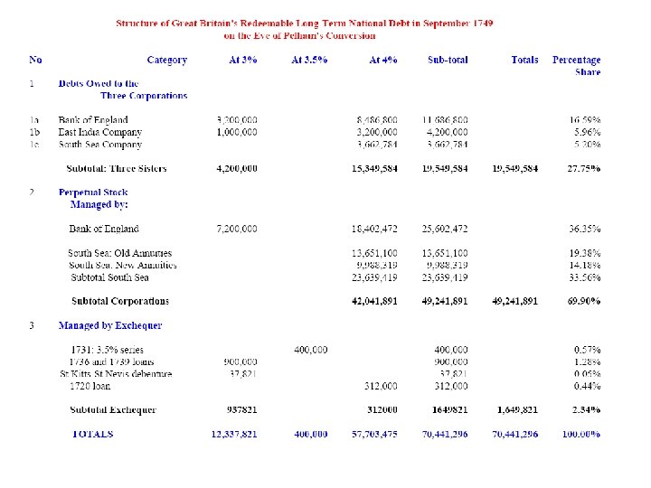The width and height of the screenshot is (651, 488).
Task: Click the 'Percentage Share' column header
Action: pyautogui.click(x=576, y=66)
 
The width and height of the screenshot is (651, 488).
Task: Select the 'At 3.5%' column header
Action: pyautogui.click(x=309, y=61)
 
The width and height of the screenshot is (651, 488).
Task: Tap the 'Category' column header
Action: pyautogui.click(x=166, y=61)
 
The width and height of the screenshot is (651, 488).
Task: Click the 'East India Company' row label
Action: pyautogui.click(x=99, y=132)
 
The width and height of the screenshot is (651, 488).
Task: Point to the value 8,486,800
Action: pyautogui.click(x=377, y=120)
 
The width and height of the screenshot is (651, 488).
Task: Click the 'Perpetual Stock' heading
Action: pyautogui.click(x=93, y=192)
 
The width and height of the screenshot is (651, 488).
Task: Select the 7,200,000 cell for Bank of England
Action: pyautogui.click(x=237, y=230)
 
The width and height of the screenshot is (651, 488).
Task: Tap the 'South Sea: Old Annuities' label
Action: pyautogui.click(x=119, y=253)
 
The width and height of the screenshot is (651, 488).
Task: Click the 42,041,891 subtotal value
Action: pyautogui.click(x=374, y=301)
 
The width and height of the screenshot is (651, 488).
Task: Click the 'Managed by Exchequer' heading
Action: pyautogui.click(x=110, y=325)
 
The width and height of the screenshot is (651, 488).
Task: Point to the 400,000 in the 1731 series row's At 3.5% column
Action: pyautogui.click(x=311, y=350)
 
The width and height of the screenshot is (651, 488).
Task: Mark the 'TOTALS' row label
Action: pyautogui.click(x=93, y=434)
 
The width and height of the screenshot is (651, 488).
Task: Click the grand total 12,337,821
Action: pyautogui.click(x=234, y=434)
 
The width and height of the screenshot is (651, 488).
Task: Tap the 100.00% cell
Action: pyautogui.click(x=581, y=434)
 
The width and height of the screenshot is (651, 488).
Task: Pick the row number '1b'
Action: pyautogui.click(x=34, y=132)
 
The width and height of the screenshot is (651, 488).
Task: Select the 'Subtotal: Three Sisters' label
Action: pyautogui.click(x=117, y=168)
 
